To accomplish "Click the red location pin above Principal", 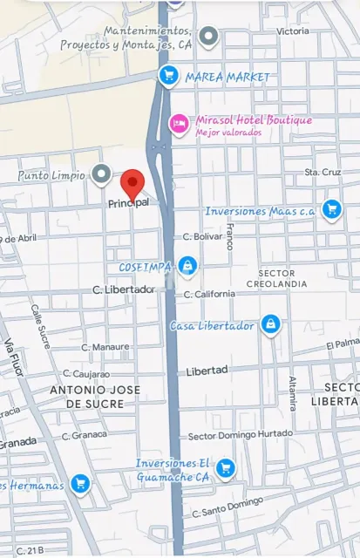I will (x=132, y=184).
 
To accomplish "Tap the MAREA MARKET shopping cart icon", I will (x=168, y=77).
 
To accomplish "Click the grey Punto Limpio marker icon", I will (x=102, y=174).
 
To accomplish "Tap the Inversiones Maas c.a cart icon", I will (x=330, y=209).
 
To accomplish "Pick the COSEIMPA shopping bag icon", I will (x=187, y=265).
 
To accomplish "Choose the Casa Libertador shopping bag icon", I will (x=271, y=324).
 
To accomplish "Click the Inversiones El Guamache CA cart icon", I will (x=226, y=468).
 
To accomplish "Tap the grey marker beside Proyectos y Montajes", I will (x=207, y=37).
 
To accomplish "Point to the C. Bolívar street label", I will (x=203, y=236).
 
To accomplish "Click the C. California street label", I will (x=209, y=294).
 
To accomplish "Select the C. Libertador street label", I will (x=124, y=289).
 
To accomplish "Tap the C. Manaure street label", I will (x=105, y=346).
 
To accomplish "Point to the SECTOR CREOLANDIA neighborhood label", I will (x=270, y=278).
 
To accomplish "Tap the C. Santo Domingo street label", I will (x=227, y=507).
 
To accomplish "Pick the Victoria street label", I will (x=293, y=31).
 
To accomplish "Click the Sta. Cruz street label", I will (x=322, y=173).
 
